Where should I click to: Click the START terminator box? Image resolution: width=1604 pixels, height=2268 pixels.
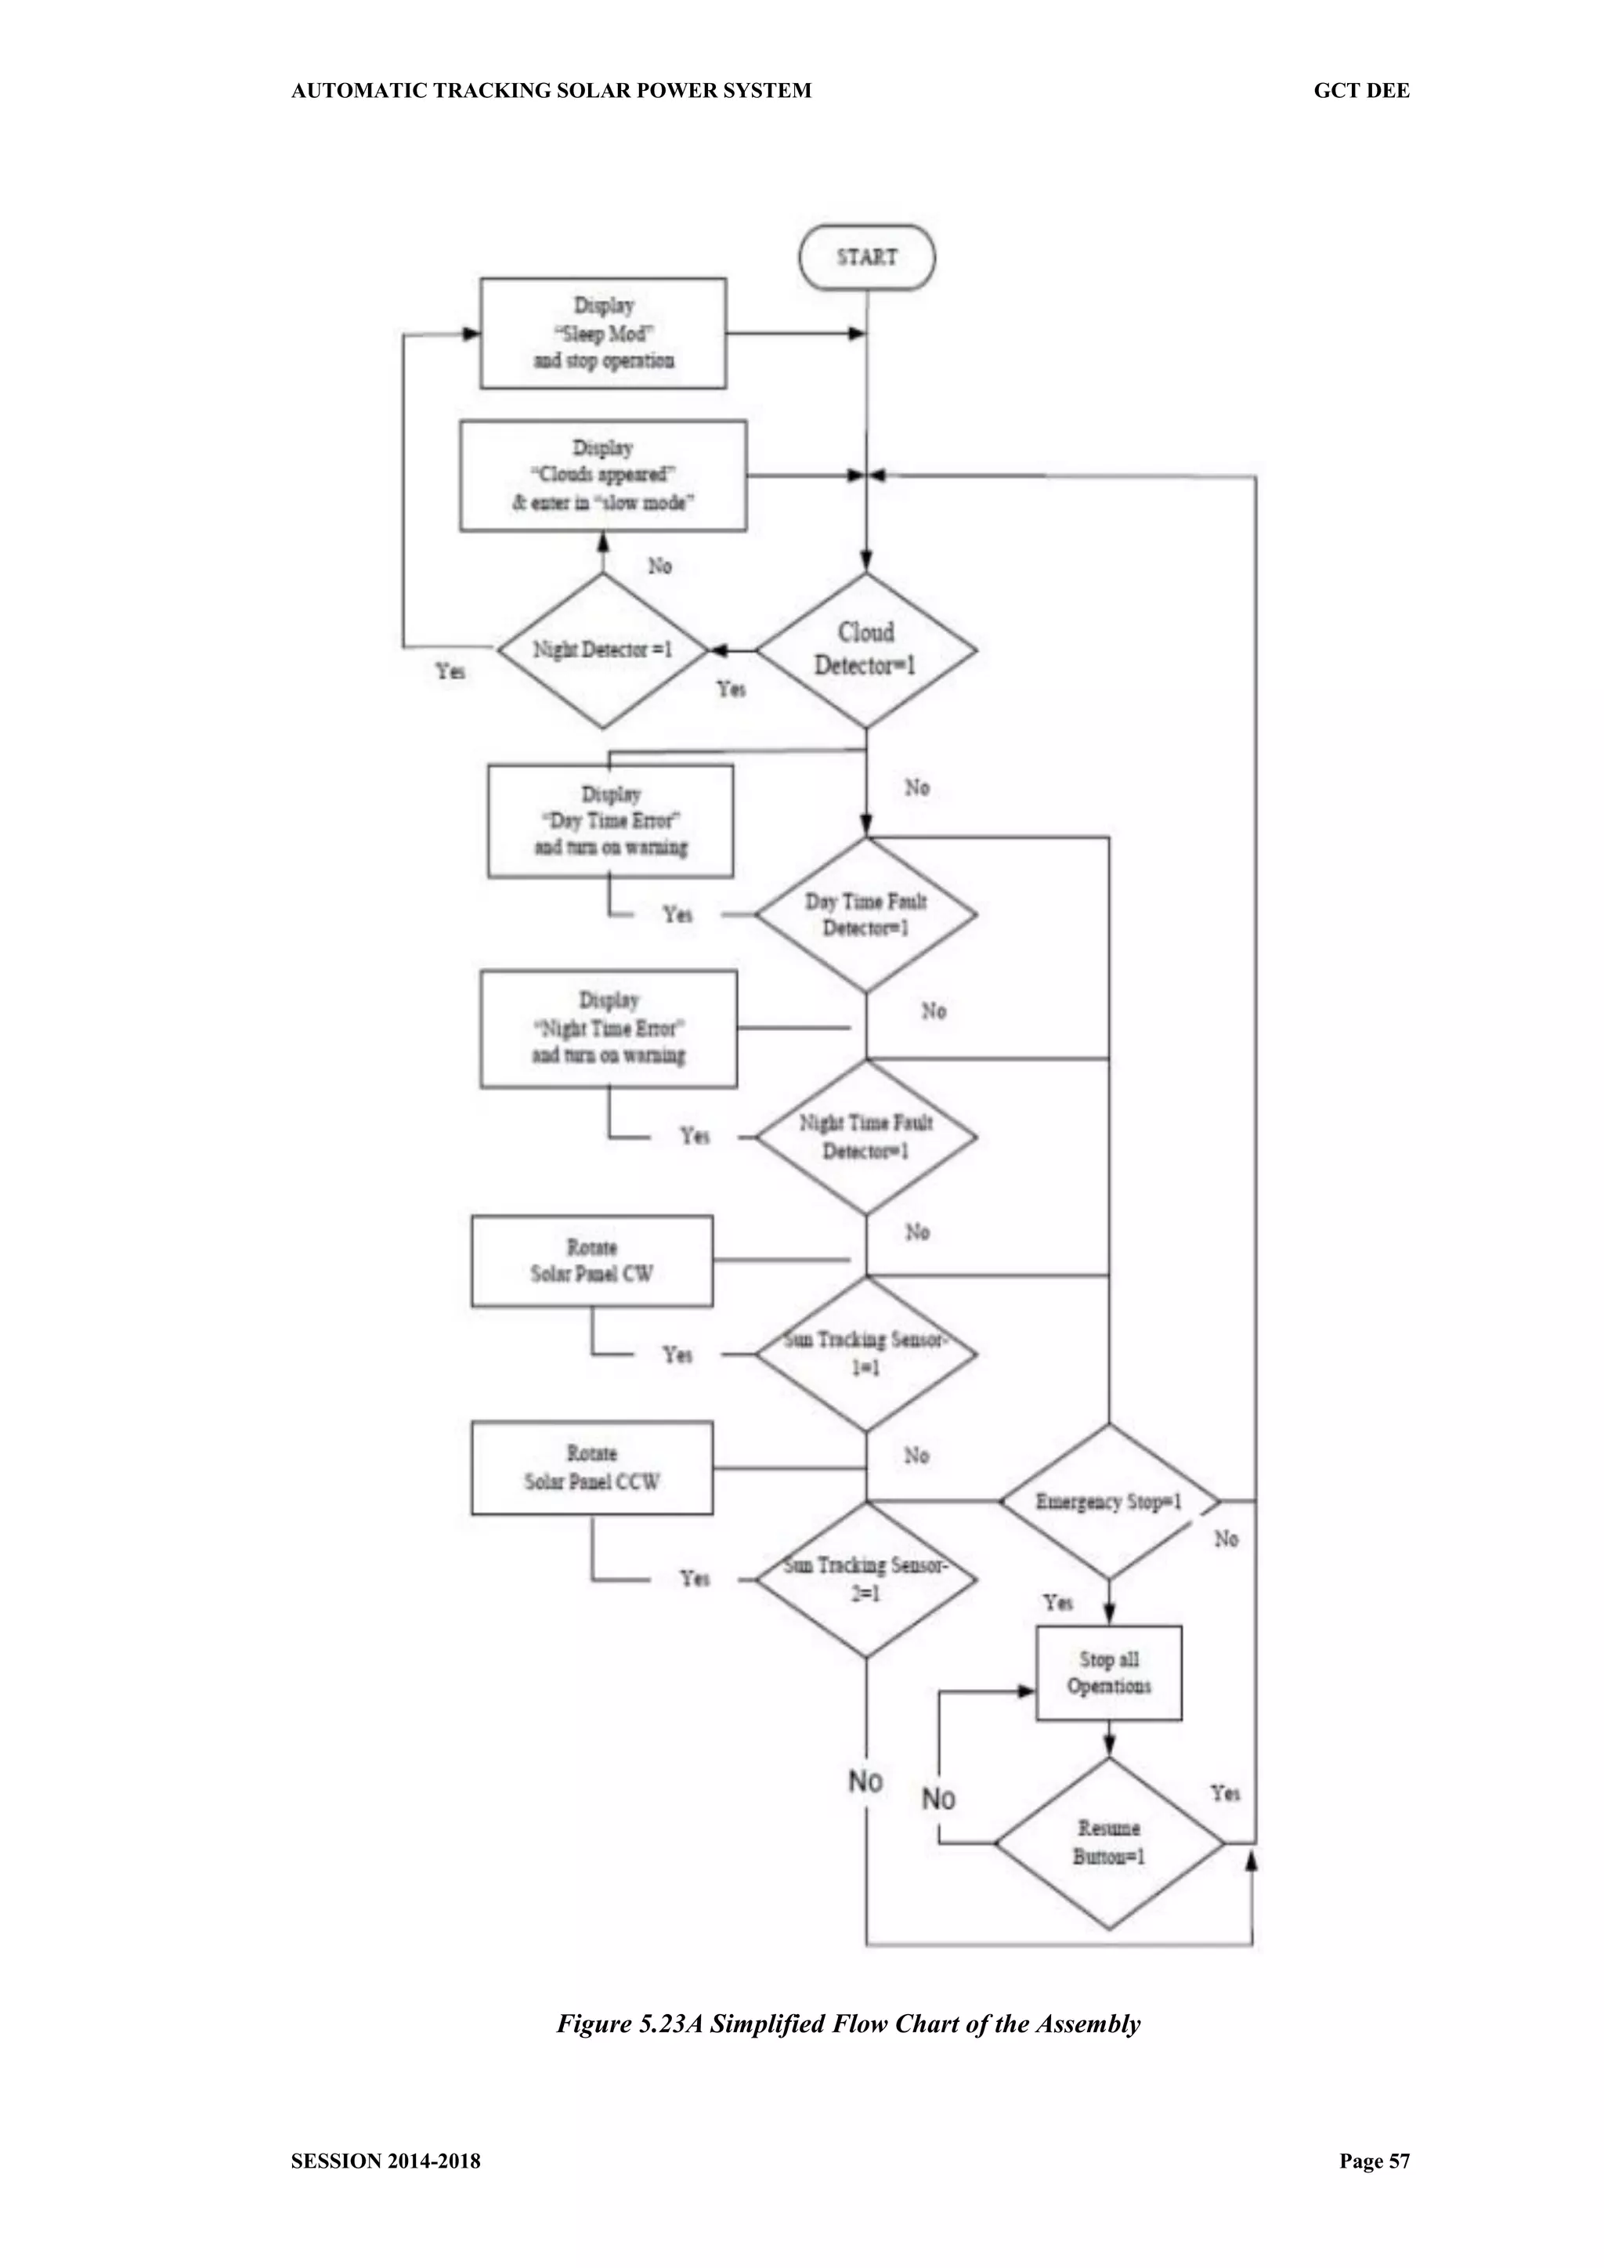point(866,257)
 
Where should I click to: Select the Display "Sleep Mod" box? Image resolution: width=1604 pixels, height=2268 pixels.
point(604,333)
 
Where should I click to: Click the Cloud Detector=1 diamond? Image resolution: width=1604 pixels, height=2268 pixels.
point(866,650)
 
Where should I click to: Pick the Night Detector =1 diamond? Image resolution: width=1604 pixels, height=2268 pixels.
point(602,650)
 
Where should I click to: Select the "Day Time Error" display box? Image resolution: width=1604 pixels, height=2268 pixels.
point(610,821)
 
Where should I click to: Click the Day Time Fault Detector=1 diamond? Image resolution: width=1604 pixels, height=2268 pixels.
point(866,915)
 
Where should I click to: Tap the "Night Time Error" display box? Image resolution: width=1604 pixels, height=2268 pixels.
point(609,1029)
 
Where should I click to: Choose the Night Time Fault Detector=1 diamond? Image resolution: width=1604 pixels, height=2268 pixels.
point(866,1137)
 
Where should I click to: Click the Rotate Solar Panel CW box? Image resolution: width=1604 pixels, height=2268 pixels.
point(591,1261)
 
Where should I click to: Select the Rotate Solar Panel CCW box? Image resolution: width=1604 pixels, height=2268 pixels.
point(591,1468)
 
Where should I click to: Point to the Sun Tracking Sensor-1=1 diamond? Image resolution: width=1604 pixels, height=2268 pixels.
point(866,1355)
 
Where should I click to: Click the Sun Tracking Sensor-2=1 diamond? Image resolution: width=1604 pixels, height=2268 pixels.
point(866,1579)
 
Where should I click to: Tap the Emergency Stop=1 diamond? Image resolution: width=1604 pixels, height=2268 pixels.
point(1108,1502)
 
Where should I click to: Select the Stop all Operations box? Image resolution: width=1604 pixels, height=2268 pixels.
point(1108,1673)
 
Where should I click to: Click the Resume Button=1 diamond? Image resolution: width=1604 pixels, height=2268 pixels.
point(1108,1843)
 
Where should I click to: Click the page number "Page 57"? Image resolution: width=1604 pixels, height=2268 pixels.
point(1374,2161)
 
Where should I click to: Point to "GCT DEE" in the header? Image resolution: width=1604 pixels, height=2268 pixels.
point(1361,91)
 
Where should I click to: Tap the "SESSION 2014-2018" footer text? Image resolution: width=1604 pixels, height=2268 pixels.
point(385,2161)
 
